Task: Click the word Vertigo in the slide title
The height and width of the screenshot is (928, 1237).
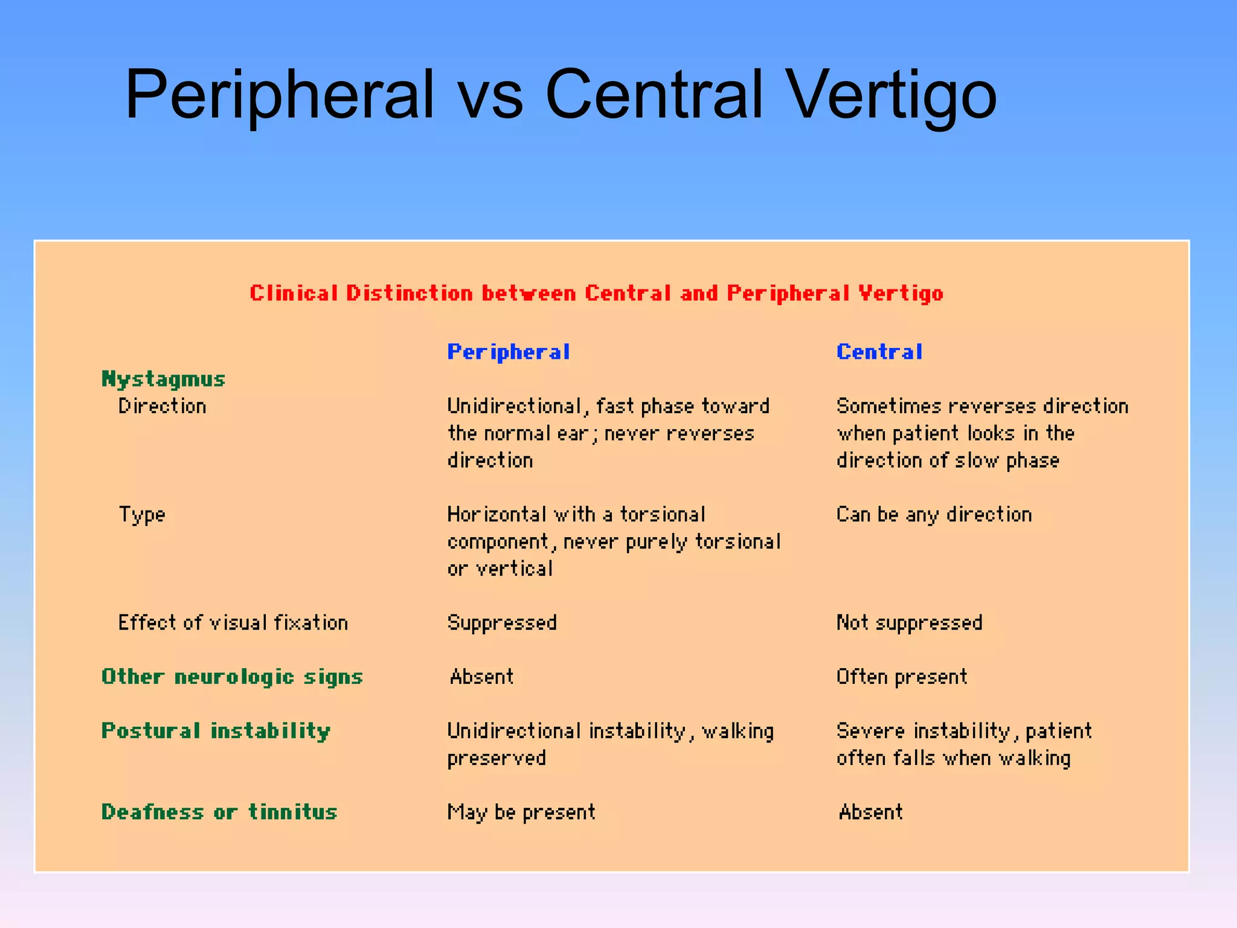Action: [892, 95]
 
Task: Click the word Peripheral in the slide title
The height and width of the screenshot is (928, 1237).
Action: [279, 95]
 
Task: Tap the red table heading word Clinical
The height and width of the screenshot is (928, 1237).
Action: [294, 294]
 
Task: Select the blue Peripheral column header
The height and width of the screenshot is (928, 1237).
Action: [508, 352]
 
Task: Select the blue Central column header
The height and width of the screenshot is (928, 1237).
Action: [879, 352]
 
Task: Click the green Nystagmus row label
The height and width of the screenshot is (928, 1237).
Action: [163, 379]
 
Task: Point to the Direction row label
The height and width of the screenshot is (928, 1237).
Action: [162, 406]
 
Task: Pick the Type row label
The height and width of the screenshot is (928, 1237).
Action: [142, 515]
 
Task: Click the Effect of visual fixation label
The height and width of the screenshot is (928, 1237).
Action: [233, 623]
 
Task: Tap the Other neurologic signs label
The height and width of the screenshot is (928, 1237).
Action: [232, 677]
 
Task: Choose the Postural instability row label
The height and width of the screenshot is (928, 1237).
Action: [216, 731]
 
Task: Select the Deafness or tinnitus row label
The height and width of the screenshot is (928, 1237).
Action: [219, 812]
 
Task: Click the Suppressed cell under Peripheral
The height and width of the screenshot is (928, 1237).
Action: [502, 623]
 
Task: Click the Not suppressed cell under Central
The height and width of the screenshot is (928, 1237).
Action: [909, 623]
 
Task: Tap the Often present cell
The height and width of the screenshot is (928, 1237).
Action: [902, 677]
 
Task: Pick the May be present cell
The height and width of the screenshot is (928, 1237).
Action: [521, 813]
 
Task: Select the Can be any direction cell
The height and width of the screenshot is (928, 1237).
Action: [934, 515]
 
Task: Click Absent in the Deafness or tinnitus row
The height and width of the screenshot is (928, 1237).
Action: [871, 812]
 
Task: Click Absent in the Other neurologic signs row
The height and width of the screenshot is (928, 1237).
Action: [482, 677]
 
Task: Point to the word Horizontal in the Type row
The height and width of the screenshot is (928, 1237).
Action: [496, 515]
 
